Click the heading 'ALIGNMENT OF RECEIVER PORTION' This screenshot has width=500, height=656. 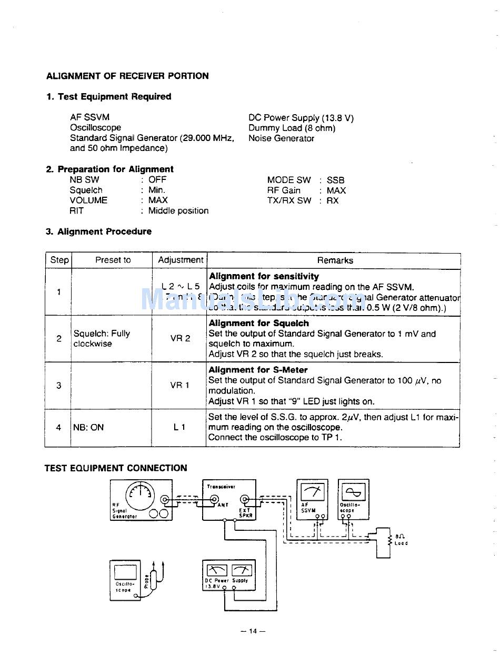[x=127, y=76]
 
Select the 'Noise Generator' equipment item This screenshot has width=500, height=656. [x=281, y=138]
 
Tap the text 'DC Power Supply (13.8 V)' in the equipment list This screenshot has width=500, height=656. [x=301, y=118]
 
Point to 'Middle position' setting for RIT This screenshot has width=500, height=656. [x=178, y=210]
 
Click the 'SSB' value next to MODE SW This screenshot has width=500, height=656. [x=335, y=180]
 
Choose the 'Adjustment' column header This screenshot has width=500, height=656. [x=180, y=260]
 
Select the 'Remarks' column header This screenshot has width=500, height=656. [x=335, y=260]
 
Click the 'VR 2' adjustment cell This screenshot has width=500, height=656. [x=180, y=338]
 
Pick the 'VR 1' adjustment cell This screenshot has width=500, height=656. [x=179, y=385]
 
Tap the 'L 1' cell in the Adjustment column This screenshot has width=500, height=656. [x=179, y=427]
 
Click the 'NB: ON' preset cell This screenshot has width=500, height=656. [x=88, y=427]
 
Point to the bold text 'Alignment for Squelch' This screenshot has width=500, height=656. [x=258, y=323]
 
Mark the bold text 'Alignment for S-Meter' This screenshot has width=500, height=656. [x=258, y=370]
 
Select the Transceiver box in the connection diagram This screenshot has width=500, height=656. [x=229, y=499]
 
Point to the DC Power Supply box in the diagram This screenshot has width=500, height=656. [x=229, y=575]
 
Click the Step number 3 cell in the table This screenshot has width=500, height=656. [x=58, y=385]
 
